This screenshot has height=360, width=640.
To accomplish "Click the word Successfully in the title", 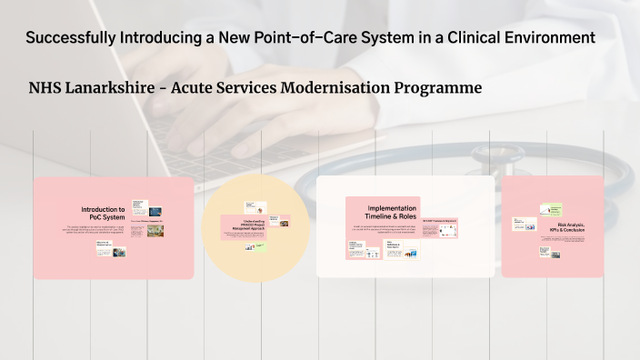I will (x=70, y=37).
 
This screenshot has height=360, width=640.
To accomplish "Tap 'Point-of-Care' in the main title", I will (x=333, y=37).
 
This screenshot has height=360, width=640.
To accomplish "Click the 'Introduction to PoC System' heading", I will (x=104, y=213).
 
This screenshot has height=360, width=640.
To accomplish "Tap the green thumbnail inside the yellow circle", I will (x=262, y=245).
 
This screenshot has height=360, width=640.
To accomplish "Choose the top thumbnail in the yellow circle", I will (x=250, y=206).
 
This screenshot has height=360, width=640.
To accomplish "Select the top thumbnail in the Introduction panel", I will (x=139, y=205).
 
